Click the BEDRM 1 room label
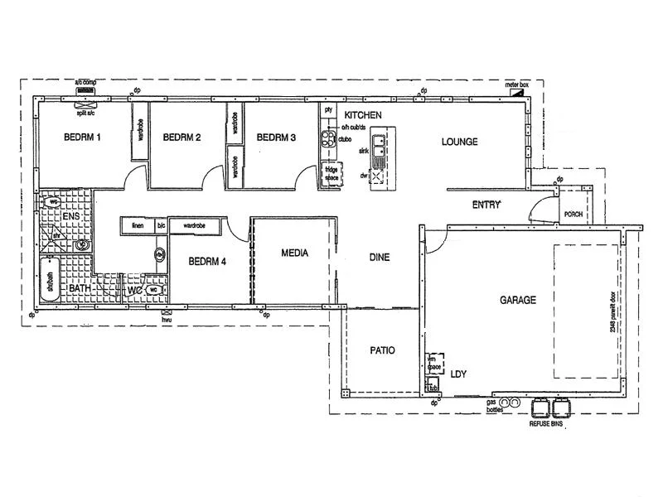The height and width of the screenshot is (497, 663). click(x=82, y=138)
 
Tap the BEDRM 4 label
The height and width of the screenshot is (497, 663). click(x=207, y=262)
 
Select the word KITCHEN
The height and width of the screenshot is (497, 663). click(x=363, y=114)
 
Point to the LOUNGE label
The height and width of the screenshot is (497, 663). click(x=459, y=142)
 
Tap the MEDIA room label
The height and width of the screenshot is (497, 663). click(x=294, y=253)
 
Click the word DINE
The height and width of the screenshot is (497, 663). click(x=379, y=258)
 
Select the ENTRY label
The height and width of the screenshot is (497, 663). click(x=486, y=205)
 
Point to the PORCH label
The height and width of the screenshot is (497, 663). click(x=573, y=213)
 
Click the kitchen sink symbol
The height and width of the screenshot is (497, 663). click(x=378, y=147)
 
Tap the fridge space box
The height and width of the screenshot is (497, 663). click(x=331, y=175)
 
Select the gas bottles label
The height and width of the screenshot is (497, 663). click(x=496, y=405)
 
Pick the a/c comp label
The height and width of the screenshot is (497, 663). click(x=86, y=83)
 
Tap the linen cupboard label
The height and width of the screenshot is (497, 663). click(x=138, y=224)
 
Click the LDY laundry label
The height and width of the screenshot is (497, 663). click(x=458, y=374)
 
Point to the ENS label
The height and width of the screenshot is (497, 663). click(x=70, y=216)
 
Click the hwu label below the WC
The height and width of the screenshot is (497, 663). click(x=166, y=319)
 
